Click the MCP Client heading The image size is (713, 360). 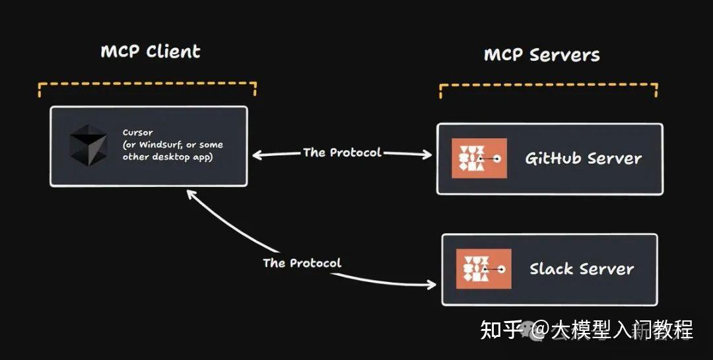[x=151, y=52]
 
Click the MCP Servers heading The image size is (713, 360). [x=542, y=55]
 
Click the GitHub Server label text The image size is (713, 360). [x=583, y=159]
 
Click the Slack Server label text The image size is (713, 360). [x=582, y=269]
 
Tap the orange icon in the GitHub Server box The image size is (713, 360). [x=479, y=159]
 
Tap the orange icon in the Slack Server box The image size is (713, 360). [x=484, y=269]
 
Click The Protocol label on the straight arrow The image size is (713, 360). [x=342, y=153]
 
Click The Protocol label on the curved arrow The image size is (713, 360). [x=302, y=263]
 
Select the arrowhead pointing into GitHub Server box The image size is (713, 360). [x=428, y=155]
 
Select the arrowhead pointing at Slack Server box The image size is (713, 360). [x=432, y=285]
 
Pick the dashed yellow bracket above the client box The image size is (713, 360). [x=147, y=85]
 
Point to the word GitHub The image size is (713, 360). [x=553, y=159]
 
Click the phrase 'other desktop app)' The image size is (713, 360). [x=168, y=157]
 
